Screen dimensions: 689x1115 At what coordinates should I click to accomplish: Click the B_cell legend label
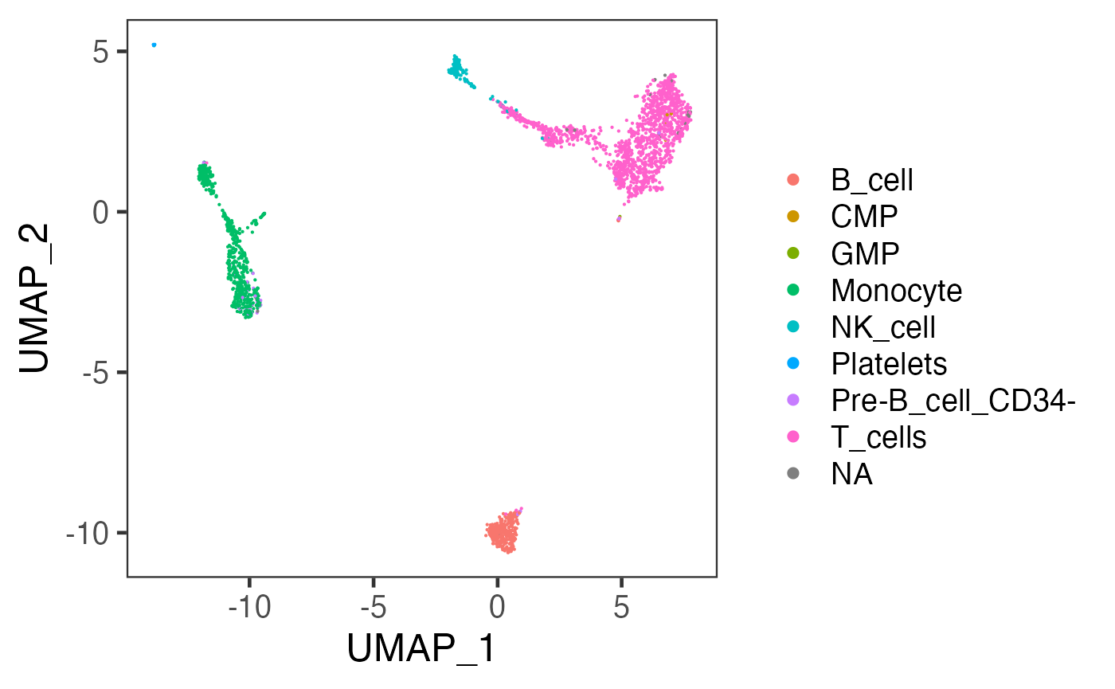point(871,181)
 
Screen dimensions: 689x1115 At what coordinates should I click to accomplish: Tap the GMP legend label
point(865,254)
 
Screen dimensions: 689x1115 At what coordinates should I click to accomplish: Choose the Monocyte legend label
point(896,291)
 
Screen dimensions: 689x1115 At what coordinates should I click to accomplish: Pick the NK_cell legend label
point(882,327)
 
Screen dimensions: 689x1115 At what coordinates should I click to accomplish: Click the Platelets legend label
point(889,364)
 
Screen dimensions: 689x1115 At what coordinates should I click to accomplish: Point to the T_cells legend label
point(878,437)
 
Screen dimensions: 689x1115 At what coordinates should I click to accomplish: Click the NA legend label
point(851,474)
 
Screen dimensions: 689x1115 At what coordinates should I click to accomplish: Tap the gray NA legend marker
point(792,474)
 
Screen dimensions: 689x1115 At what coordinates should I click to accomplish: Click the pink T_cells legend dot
point(792,437)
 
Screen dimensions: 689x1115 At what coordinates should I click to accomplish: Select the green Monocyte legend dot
point(792,291)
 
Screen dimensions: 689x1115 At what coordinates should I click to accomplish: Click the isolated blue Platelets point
point(154,45)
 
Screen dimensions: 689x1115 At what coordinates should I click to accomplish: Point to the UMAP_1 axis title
point(421,650)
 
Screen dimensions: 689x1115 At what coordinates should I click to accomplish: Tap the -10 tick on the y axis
point(92,533)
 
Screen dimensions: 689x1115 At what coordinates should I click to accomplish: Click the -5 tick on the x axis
point(373,609)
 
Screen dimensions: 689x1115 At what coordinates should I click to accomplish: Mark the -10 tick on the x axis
point(248,609)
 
